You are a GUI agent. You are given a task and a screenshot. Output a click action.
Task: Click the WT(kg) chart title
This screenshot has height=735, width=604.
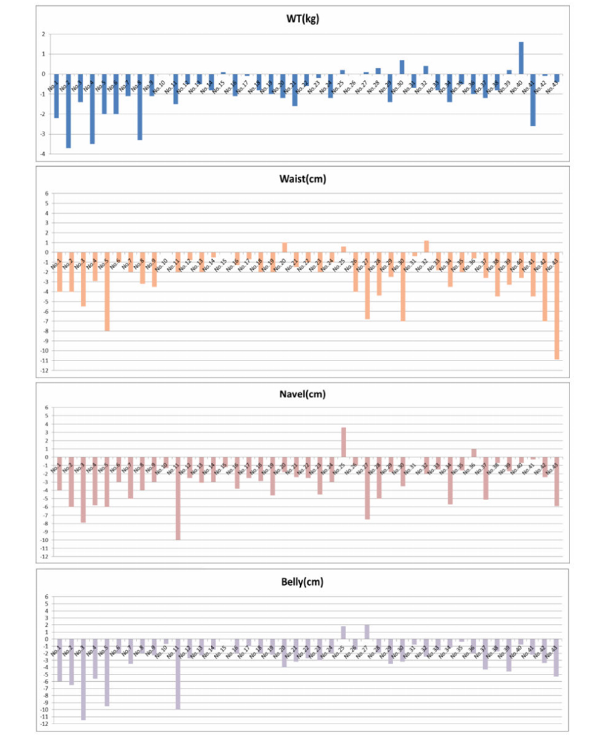tap(303, 19)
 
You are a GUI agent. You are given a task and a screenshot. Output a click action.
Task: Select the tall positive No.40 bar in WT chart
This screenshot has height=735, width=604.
tap(521, 58)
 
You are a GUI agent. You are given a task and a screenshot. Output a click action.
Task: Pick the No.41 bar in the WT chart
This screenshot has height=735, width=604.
tap(533, 100)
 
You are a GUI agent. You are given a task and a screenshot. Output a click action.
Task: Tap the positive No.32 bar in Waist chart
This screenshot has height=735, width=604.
tap(426, 246)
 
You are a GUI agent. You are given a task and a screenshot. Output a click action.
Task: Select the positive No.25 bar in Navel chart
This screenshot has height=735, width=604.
tap(343, 442)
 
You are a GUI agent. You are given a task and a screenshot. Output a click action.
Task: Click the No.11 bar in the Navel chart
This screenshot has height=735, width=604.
tap(178, 498)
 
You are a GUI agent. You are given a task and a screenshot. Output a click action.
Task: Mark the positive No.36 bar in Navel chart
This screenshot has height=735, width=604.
tap(474, 453)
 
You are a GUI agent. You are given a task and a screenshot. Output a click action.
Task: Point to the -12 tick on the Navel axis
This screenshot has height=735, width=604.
tap(45, 556)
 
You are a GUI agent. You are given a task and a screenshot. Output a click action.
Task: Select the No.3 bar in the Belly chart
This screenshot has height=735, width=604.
tap(83, 679)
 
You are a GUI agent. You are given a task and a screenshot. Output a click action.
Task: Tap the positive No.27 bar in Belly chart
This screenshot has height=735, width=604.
tap(367, 632)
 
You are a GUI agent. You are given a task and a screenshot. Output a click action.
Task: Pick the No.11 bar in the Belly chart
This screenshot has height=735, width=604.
tap(178, 674)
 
